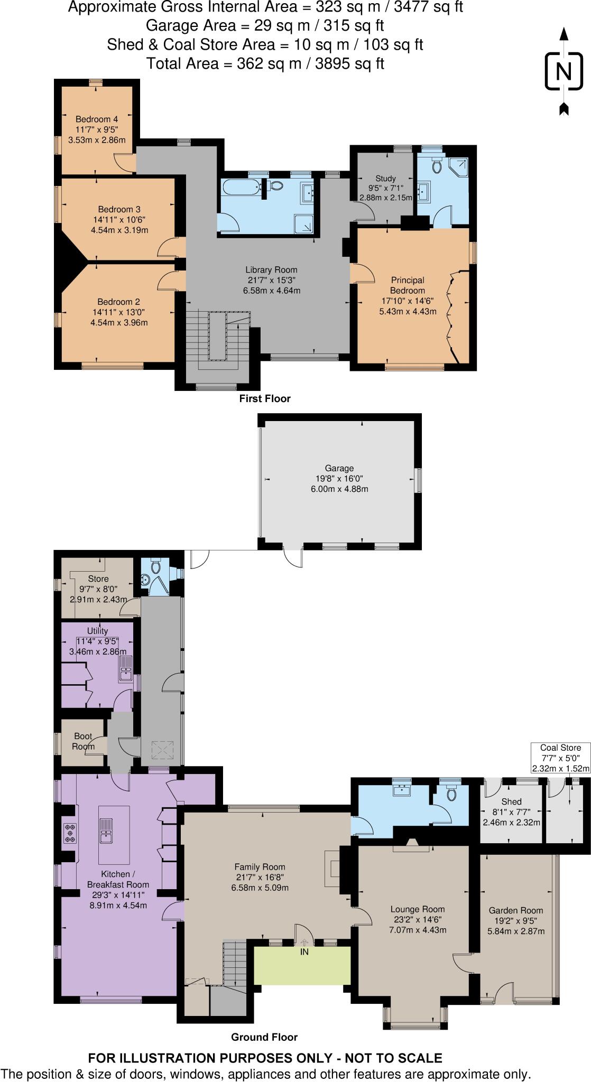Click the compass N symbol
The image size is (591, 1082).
564,71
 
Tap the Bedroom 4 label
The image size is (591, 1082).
97,119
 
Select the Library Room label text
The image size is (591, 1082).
271,270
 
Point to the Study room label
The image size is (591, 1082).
385,179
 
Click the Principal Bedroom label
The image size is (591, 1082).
407,285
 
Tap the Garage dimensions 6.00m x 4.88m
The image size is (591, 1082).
339,489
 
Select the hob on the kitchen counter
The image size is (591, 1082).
70,833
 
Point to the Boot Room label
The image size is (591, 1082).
83,741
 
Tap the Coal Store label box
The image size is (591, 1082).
560,758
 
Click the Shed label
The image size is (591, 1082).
511,801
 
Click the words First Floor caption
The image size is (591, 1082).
264,399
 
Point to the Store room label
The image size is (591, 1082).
98,579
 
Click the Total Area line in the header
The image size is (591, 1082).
265,63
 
